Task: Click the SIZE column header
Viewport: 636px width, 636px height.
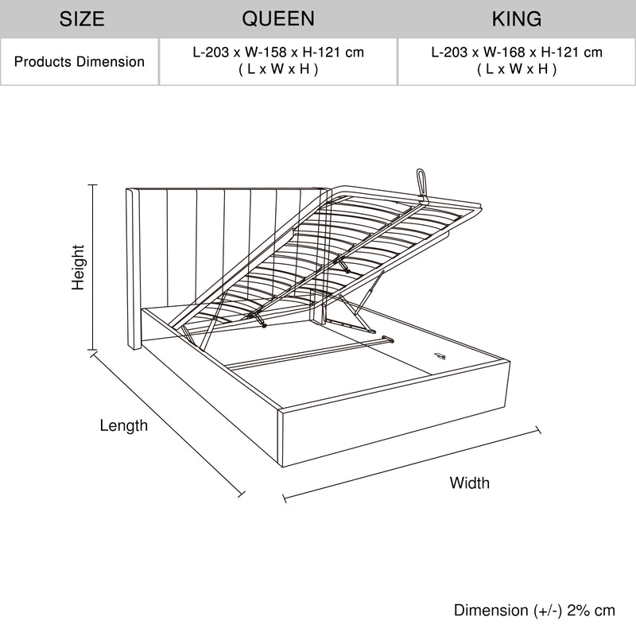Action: click(x=82, y=18)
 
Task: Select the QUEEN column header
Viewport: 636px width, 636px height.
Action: click(x=277, y=18)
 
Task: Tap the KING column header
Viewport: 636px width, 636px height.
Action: click(x=516, y=18)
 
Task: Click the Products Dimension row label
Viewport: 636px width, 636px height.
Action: click(x=79, y=61)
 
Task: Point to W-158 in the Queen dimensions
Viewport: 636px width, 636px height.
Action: click(x=262, y=53)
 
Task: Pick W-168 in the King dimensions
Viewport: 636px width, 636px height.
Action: click(x=501, y=53)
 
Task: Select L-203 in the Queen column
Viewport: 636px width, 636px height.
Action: click(x=211, y=53)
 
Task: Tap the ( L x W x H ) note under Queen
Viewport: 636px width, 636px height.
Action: click(x=277, y=69)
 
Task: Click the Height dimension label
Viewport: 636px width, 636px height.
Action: click(x=78, y=267)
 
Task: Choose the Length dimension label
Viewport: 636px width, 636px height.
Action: click(x=123, y=426)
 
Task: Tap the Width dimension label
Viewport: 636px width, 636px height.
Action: click(x=469, y=483)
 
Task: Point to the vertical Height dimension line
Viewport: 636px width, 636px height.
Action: click(x=93, y=267)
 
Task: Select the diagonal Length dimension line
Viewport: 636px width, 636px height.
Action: click(x=167, y=425)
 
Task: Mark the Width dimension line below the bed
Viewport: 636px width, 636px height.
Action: click(x=412, y=465)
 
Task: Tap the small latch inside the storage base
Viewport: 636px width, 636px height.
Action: click(x=440, y=355)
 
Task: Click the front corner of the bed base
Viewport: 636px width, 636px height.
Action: click(x=281, y=412)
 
